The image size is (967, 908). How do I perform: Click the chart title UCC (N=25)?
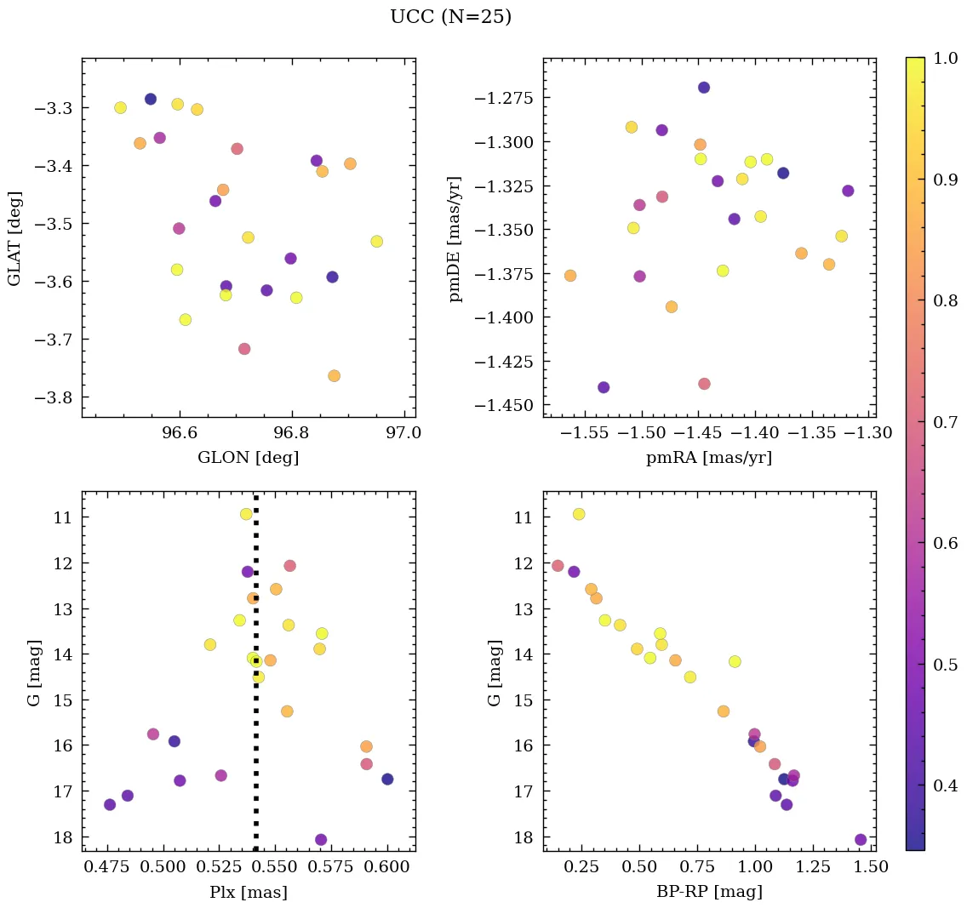tap(450, 17)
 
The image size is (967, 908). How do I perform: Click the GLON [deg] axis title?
tap(248, 457)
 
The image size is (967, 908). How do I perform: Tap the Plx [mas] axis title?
tap(248, 892)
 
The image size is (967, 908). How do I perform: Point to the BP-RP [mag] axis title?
tap(709, 892)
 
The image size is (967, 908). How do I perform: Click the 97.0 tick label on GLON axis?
tap(403, 433)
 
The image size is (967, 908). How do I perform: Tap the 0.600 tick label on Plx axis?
tap(387, 867)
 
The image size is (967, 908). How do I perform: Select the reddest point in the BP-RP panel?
tap(861, 839)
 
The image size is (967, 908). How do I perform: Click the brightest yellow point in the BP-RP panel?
tap(579, 514)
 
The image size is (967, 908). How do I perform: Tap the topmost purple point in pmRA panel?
tap(704, 88)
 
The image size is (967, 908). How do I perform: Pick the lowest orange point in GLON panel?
tap(334, 376)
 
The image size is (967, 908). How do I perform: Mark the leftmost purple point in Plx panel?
tap(110, 804)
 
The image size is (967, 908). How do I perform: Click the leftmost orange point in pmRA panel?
tap(570, 276)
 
